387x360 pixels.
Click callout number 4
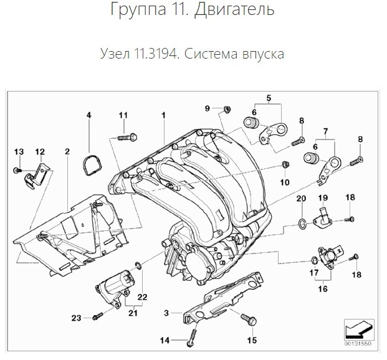(x=88, y=116)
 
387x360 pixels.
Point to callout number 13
(x=18, y=152)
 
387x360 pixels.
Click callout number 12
(x=39, y=152)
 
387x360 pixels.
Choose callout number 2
(x=67, y=151)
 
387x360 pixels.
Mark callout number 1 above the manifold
(x=163, y=116)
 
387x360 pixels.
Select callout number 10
(x=285, y=182)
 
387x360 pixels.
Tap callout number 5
(x=269, y=98)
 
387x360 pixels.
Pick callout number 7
(x=325, y=131)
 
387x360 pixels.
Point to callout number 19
(x=323, y=197)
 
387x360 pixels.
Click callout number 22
(x=142, y=297)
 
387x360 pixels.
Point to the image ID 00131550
(x=358, y=343)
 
